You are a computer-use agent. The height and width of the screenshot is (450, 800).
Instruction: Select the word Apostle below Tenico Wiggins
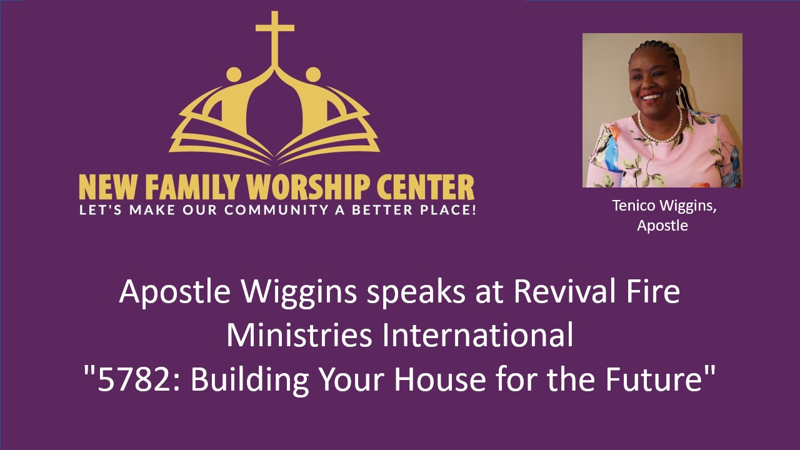click(662, 226)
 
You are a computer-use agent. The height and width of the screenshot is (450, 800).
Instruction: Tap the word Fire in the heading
click(653, 292)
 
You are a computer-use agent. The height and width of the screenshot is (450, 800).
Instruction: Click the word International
click(478, 336)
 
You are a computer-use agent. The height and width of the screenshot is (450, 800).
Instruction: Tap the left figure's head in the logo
click(233, 74)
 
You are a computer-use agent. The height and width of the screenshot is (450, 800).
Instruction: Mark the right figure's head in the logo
click(313, 74)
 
